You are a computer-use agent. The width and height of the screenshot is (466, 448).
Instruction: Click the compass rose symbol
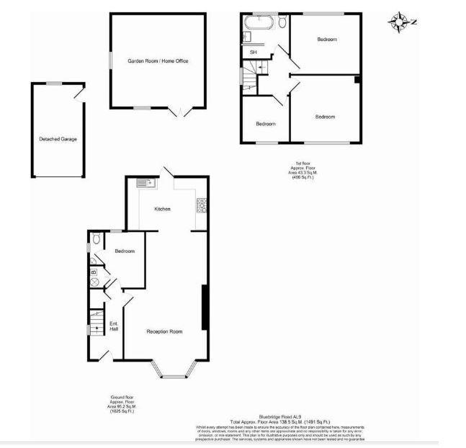398,22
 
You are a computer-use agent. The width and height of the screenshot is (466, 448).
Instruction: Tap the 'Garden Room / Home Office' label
158,62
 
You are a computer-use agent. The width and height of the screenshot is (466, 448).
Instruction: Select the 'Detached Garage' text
58,139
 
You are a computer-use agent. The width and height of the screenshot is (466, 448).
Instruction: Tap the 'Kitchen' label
163,209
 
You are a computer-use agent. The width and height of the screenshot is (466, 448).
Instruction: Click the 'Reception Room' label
164,331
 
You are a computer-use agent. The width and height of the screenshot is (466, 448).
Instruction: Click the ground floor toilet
97,239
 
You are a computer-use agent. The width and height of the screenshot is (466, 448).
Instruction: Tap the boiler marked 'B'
94,272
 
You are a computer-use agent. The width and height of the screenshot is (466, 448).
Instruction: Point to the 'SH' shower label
253,53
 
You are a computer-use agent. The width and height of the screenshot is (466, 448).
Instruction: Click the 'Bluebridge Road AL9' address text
279,416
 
